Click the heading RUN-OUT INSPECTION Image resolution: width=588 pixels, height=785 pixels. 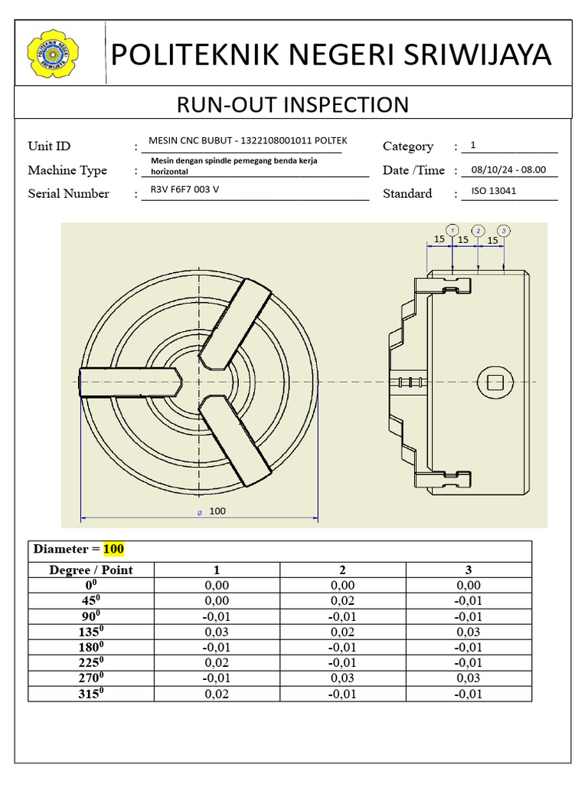(x=293, y=104)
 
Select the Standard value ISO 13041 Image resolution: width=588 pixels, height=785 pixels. (x=494, y=191)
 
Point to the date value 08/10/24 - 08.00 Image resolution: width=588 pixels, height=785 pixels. (x=509, y=170)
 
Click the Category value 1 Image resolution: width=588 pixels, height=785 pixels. (x=473, y=145)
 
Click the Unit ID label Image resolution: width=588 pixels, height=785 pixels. (x=49, y=146)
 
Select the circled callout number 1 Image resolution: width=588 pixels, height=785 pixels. (x=452, y=230)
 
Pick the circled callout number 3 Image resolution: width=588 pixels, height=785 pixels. (x=503, y=230)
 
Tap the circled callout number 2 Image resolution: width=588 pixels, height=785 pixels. (x=478, y=230)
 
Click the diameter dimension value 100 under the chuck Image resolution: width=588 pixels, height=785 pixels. (x=217, y=511)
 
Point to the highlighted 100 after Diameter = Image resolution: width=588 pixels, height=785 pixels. (x=113, y=550)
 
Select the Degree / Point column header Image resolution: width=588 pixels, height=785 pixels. (x=91, y=570)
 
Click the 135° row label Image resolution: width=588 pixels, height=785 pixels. (x=91, y=632)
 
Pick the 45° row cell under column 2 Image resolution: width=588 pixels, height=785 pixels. (x=342, y=601)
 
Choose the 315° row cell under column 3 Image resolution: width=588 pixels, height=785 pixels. (x=468, y=695)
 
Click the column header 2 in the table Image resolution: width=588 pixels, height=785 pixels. (x=342, y=570)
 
